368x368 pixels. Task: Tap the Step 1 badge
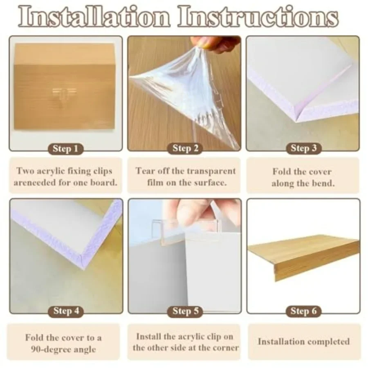pos(65,149)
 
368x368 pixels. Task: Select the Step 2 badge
pos(185,148)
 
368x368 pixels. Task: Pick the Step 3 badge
pos(303,148)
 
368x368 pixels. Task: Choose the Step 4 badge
pos(66,311)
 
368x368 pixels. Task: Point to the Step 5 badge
pos(185,311)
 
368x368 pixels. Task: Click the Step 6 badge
pos(303,311)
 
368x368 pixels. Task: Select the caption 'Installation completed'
pos(303,341)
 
